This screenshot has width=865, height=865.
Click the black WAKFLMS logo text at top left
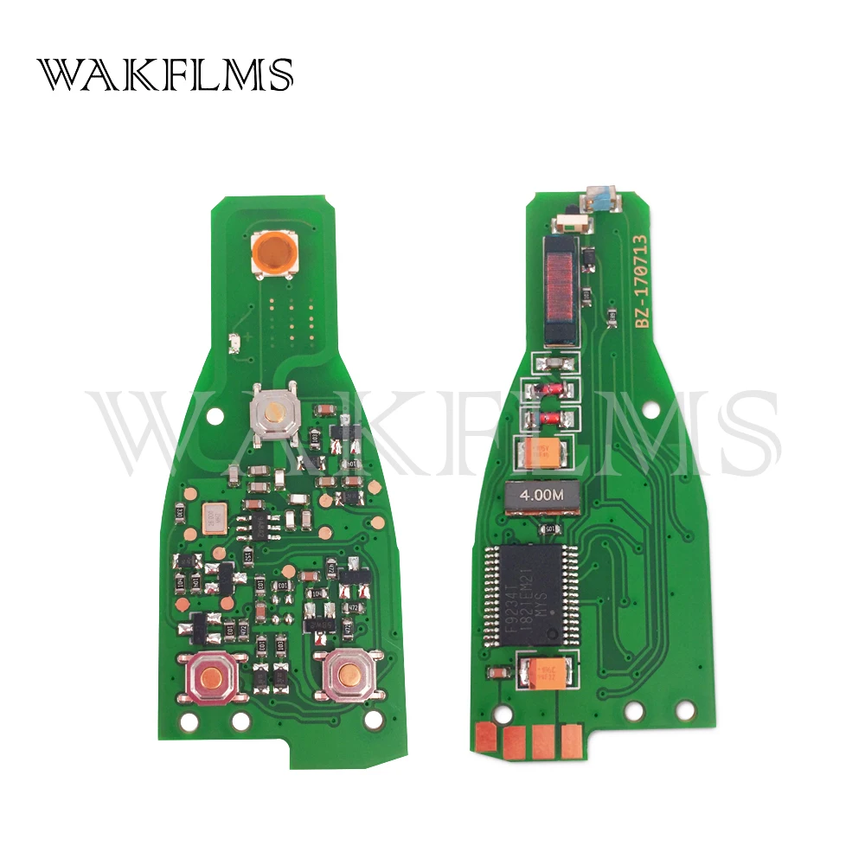(164, 75)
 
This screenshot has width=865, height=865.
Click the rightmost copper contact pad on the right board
(572, 738)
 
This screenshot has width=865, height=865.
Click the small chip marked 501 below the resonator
(547, 529)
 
